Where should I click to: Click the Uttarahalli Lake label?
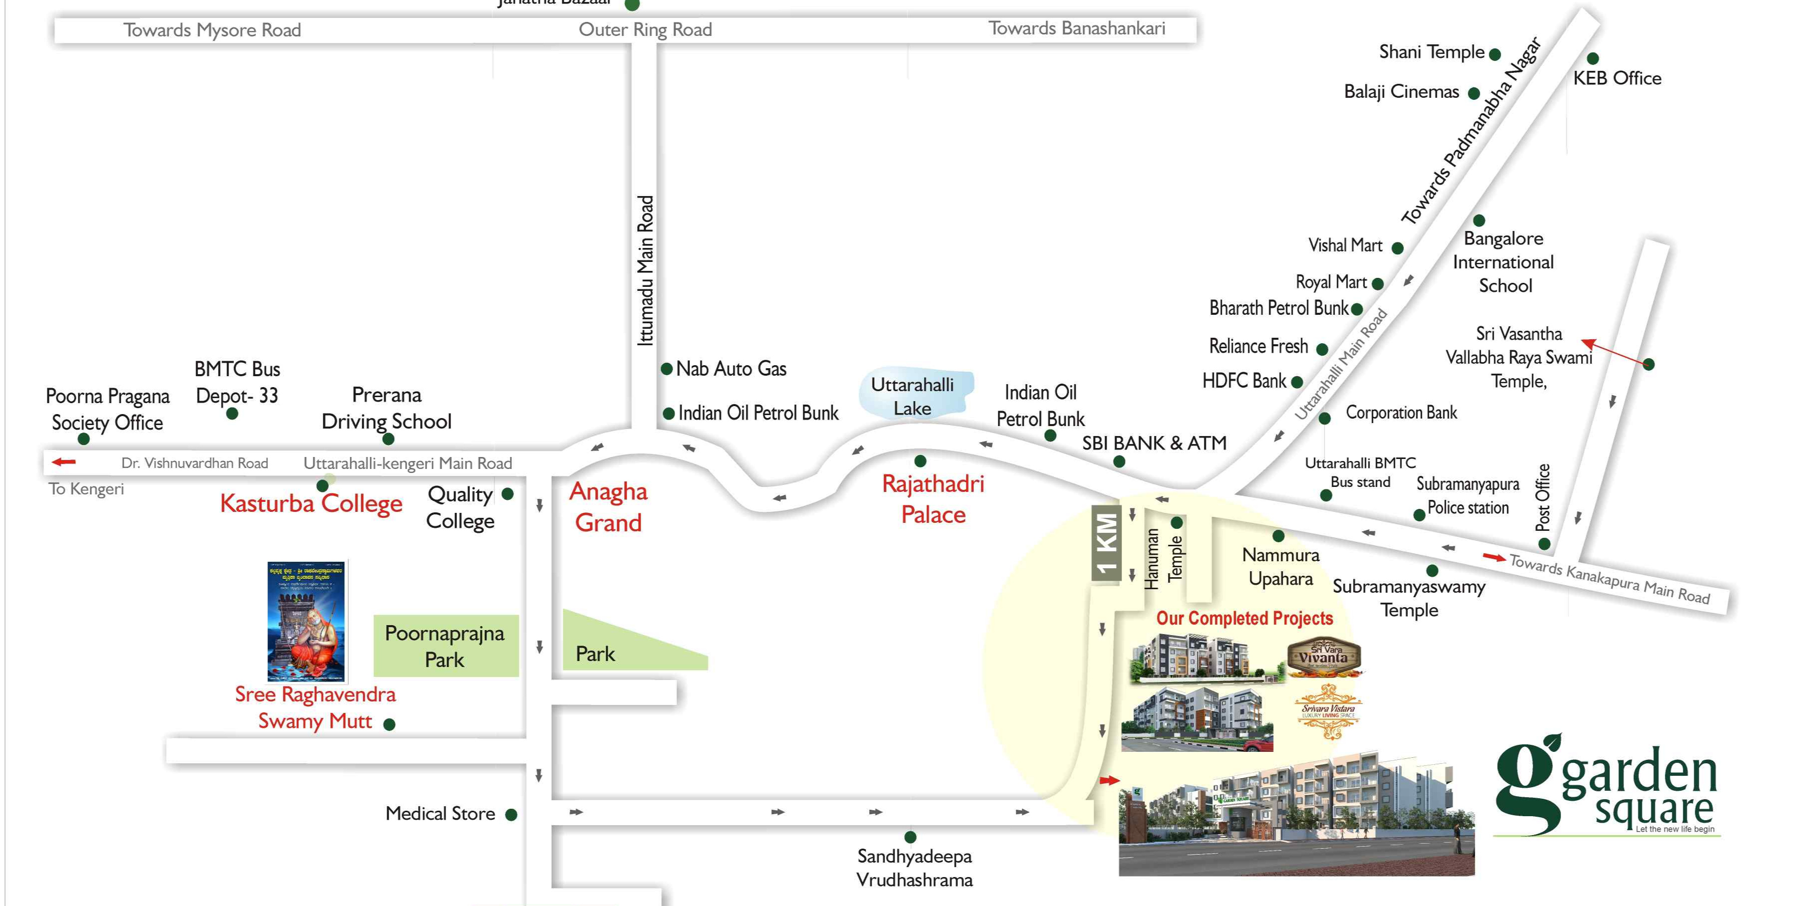tap(912, 396)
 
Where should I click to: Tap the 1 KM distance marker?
tap(1106, 543)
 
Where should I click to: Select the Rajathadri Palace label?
tap(933, 499)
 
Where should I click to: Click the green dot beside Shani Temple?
tap(1495, 54)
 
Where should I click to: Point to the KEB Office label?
tap(1617, 78)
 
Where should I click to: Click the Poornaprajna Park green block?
tap(446, 646)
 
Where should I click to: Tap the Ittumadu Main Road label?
tap(646, 270)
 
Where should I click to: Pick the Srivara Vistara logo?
tap(1328, 711)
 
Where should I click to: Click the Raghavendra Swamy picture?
tap(307, 621)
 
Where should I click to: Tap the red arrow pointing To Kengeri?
tap(63, 462)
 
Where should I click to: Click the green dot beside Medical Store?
tap(511, 815)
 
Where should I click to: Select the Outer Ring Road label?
tap(645, 29)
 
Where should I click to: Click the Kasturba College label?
tap(311, 504)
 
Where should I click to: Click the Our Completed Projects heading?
tap(1245, 618)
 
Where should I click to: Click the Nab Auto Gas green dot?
tap(667, 368)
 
